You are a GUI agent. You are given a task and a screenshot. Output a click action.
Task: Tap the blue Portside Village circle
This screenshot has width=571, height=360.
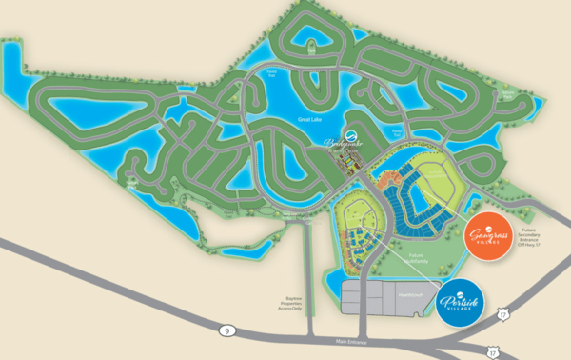(x=461, y=301)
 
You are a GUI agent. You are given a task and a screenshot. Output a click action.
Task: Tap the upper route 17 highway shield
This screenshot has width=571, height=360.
(x=504, y=310)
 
